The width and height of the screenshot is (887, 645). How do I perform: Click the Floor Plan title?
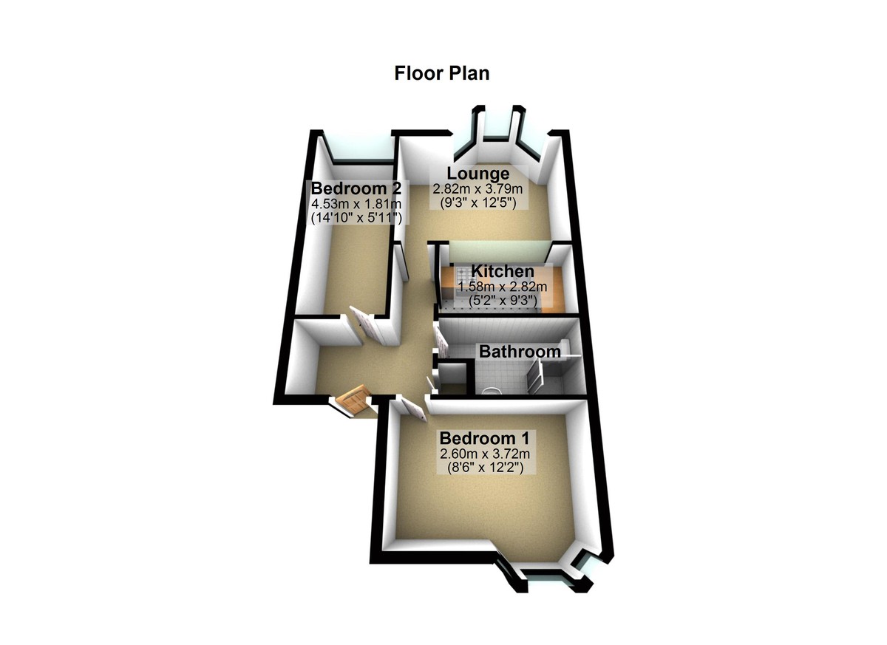pos(442,73)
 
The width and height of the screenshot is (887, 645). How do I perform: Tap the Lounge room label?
pos(478,174)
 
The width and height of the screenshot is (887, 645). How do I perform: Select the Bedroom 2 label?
pos(356,188)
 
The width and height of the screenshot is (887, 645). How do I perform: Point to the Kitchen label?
pos(503,271)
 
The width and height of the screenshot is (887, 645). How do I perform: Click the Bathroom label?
pos(520,352)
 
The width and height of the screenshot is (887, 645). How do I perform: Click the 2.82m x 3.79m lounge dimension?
pos(478,188)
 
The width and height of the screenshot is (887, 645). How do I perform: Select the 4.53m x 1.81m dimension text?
pos(356,204)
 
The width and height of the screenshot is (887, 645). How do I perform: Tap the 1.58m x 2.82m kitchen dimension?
pos(503,287)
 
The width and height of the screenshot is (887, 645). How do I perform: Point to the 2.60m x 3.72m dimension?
pos(485,454)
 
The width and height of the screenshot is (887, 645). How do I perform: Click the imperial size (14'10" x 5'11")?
pos(356,219)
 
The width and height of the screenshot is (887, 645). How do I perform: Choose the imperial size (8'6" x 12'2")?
pos(485,468)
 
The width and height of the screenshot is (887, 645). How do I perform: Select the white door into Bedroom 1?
pos(412,409)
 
